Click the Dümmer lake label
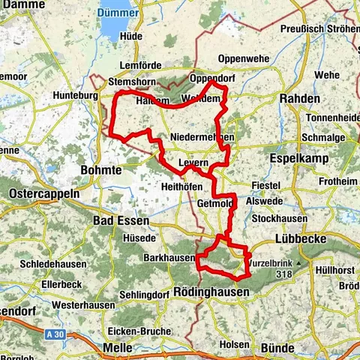click(116, 13)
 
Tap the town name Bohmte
click(100, 170)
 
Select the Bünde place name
click(277, 348)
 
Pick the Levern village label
click(193, 163)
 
